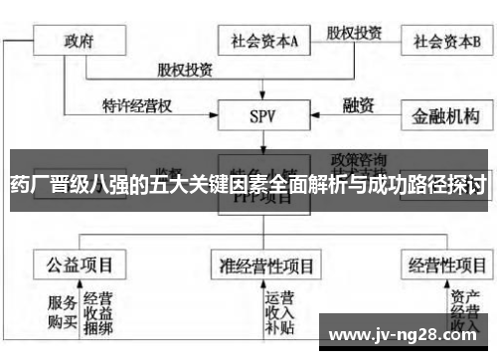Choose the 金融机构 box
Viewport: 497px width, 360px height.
coord(446,115)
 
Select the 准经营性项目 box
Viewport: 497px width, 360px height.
coord(266,266)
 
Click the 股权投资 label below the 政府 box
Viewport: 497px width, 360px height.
coord(185,70)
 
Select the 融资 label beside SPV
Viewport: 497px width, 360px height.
coord(357,103)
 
